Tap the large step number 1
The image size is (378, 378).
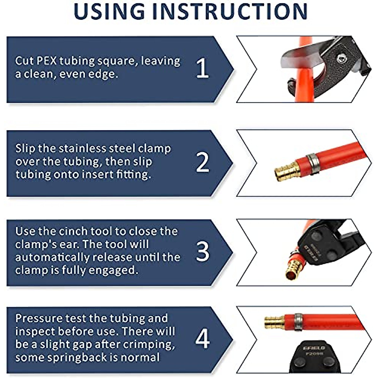pyautogui.click(x=202, y=68)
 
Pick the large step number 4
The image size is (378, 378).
pyautogui.click(x=202, y=339)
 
